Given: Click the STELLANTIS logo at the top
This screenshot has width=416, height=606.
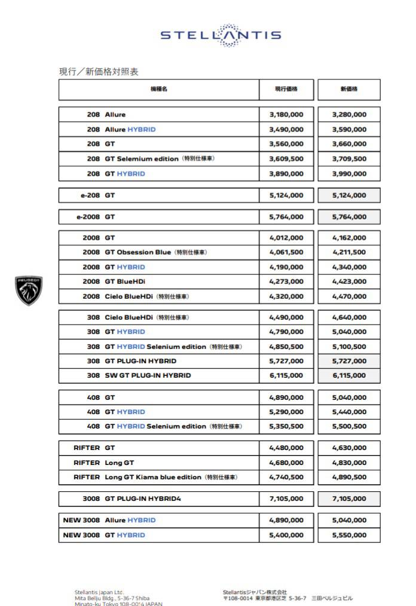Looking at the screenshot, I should tap(221, 35).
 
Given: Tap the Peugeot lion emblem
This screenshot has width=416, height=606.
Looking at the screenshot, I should tap(29, 290).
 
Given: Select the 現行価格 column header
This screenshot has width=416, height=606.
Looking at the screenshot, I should tap(286, 89).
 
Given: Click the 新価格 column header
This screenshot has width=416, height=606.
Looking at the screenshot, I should tap(349, 89).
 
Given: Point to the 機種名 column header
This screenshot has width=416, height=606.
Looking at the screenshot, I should tap(158, 89).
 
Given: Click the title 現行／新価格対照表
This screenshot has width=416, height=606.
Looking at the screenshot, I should tap(99, 72).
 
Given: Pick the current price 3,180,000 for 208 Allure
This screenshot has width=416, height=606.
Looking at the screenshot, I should tap(286, 115).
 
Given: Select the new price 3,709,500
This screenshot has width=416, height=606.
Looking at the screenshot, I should tap(349, 159).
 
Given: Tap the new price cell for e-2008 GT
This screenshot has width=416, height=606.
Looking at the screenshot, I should tap(349, 217).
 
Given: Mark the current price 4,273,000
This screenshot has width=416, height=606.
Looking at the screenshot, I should tap(286, 281).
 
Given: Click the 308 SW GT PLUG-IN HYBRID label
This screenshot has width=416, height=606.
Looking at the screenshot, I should tap(139, 376).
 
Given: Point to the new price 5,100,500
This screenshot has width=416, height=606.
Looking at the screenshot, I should tap(349, 347).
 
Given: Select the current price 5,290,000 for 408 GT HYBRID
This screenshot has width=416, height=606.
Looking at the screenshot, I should tap(286, 412).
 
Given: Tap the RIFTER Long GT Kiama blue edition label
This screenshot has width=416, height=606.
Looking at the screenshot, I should tap(155, 478).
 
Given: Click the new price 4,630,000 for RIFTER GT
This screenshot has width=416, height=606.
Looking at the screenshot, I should tap(349, 448).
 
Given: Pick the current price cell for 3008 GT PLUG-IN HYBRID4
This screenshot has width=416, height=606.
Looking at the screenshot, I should tap(286, 498).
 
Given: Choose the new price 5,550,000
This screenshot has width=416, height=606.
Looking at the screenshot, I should tap(349, 535).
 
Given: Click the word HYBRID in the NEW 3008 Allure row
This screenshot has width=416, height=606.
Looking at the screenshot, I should tap(141, 520).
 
